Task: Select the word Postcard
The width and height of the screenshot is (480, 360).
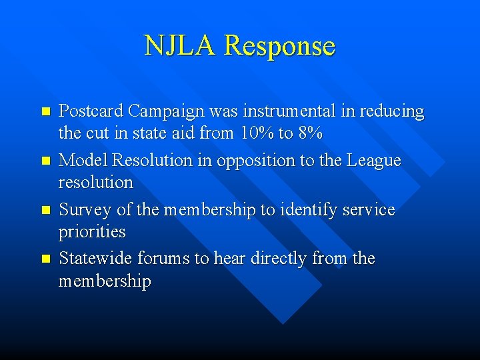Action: click(91, 111)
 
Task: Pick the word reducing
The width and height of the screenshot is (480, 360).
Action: click(392, 112)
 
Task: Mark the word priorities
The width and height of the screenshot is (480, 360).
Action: click(92, 232)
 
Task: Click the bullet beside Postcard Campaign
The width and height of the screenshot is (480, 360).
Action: click(45, 112)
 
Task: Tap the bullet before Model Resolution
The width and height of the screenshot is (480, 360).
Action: click(45, 161)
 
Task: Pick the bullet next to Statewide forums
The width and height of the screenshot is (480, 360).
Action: click(45, 259)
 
